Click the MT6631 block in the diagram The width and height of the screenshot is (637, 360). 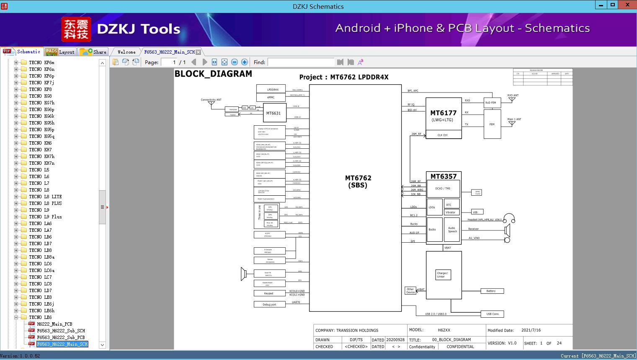pos(273,113)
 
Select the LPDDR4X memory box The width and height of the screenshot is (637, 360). pos(271,89)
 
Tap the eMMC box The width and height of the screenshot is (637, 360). pos(271,97)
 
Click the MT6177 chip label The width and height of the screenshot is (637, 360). pos(443,113)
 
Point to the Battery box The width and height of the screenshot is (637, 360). pos(491,291)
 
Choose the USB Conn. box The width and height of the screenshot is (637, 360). pos(493,314)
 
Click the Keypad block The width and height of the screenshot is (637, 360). pos(269,293)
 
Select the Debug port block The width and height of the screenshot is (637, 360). pos(269,305)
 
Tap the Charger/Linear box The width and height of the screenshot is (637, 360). pos(442,275)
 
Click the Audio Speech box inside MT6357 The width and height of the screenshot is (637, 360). pos(452,230)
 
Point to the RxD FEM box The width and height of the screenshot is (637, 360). pos(490,103)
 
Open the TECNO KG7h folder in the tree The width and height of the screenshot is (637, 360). pos(41,103)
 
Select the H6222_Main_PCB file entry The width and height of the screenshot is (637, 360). pos(54,324)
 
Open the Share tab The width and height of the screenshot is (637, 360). pos(94,52)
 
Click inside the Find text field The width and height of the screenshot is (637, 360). pos(301,62)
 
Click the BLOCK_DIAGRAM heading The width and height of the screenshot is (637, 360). pos(213,74)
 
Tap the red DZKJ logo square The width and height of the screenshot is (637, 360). pos(76,29)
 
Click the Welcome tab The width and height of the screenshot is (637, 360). pos(126,52)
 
